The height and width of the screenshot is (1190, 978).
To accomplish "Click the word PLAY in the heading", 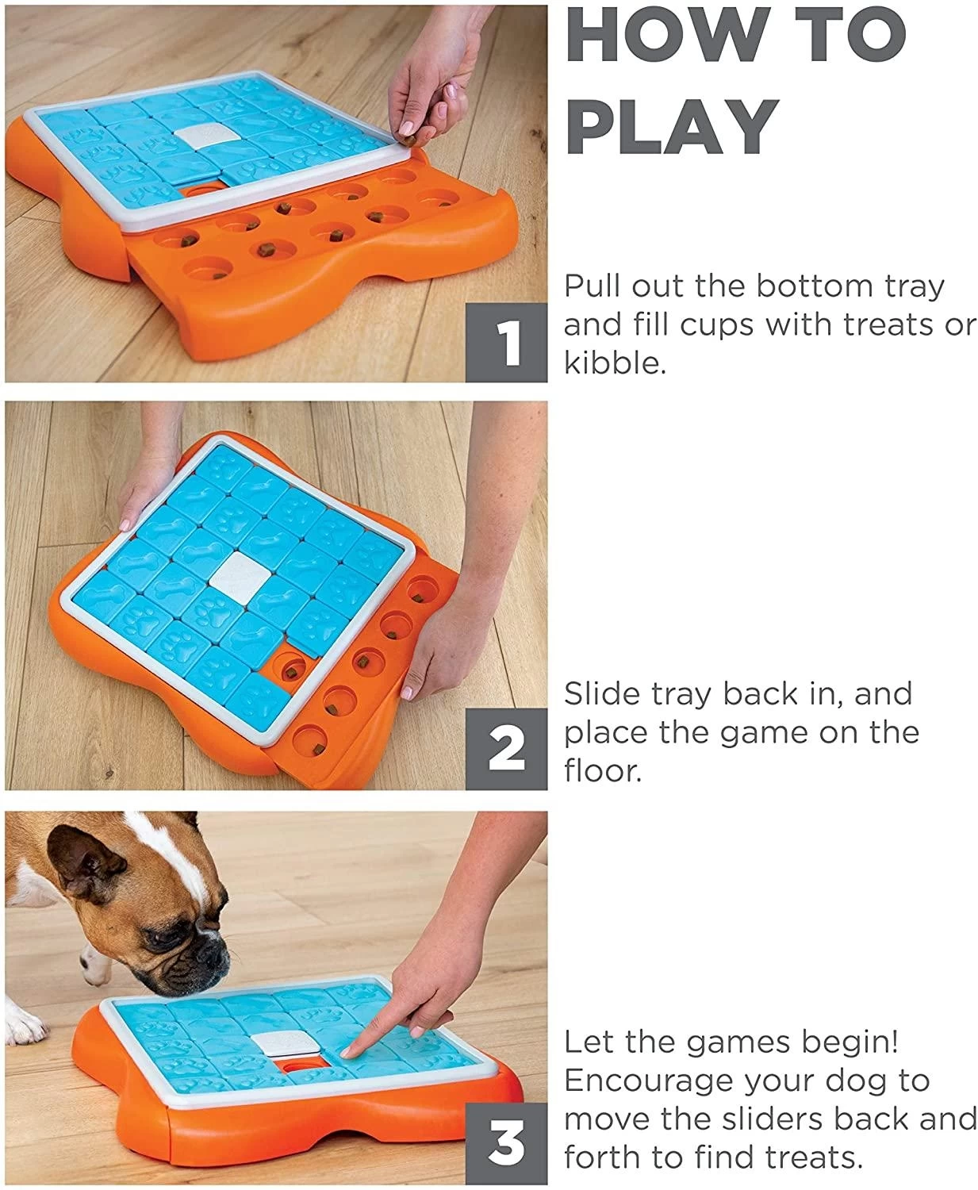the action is click(673, 126).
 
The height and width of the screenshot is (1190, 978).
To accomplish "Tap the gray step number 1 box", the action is click(506, 343).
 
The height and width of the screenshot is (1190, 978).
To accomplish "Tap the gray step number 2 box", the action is click(506, 749).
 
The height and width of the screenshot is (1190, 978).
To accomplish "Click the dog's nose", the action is click(213, 954).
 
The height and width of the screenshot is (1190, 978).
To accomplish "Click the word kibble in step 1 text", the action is click(616, 363).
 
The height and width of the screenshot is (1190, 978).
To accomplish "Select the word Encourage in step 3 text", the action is click(647, 1081).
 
